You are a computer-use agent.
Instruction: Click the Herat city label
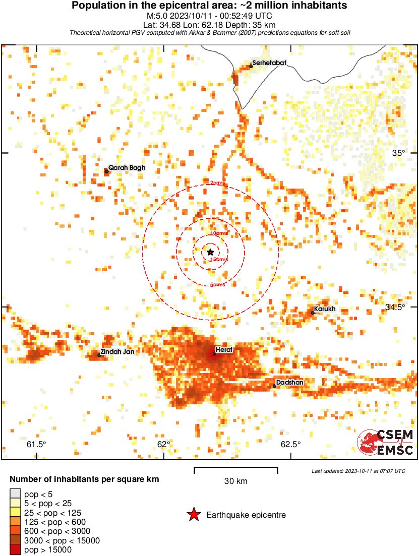[223, 349]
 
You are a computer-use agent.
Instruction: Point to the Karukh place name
[325, 309]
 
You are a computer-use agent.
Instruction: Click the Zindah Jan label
[117, 352]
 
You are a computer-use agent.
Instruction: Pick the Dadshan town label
[289, 383]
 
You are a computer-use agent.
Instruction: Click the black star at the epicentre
[210, 252]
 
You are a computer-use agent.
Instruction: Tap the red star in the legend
[193, 515]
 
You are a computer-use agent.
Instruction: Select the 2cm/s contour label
[219, 183]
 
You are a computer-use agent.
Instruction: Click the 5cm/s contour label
[218, 285]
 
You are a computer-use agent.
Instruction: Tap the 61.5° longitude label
[37, 444]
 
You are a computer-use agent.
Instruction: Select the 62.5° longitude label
[291, 444]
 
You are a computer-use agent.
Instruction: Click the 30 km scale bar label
[235, 481]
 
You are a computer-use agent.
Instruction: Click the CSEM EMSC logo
[386, 442]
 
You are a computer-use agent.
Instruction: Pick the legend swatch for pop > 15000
[16, 549]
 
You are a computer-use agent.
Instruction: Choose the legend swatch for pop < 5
[16, 493]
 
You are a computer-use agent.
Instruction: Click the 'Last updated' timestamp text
[358, 471]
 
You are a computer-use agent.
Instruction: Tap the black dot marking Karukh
[313, 313]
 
